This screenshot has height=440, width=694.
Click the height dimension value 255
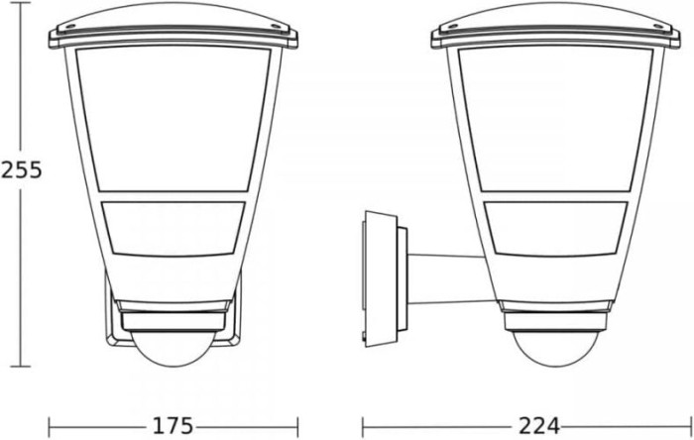point(21,169)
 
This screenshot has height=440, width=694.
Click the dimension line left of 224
point(436,426)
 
